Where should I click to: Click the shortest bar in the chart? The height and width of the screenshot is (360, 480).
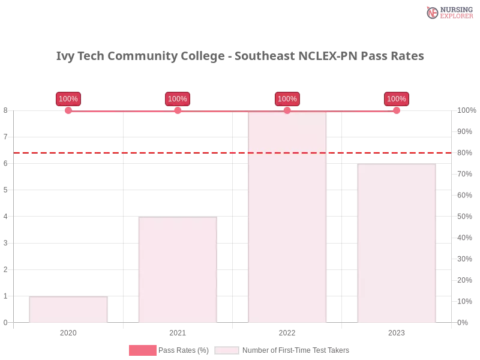[68, 310]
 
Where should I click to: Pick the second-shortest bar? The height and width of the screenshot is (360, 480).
[177, 270]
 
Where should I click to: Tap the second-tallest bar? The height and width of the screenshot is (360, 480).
[396, 244]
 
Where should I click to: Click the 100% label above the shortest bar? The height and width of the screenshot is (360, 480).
[68, 99]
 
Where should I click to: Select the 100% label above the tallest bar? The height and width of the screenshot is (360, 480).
[287, 99]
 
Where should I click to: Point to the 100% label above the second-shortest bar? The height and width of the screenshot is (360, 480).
[178, 99]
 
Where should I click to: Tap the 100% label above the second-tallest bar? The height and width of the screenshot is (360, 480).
[397, 99]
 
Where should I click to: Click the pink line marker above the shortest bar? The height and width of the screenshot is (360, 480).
[68, 110]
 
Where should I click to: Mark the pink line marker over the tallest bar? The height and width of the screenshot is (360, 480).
[287, 110]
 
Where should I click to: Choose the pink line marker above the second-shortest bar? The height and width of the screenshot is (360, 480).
[178, 110]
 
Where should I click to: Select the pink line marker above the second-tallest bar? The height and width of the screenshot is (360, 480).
[397, 110]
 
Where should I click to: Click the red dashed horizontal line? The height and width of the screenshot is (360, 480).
[180, 152]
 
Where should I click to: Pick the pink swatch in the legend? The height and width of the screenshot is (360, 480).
[142, 350]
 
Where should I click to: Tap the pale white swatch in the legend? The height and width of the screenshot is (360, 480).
[227, 350]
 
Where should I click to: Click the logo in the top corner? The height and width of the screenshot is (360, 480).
[448, 12]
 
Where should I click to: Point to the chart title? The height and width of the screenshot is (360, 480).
[240, 56]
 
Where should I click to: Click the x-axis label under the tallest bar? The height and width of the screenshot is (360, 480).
[287, 331]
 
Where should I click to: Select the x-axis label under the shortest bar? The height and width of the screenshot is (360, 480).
[67, 331]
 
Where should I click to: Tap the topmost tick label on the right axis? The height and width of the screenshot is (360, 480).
[466, 110]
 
